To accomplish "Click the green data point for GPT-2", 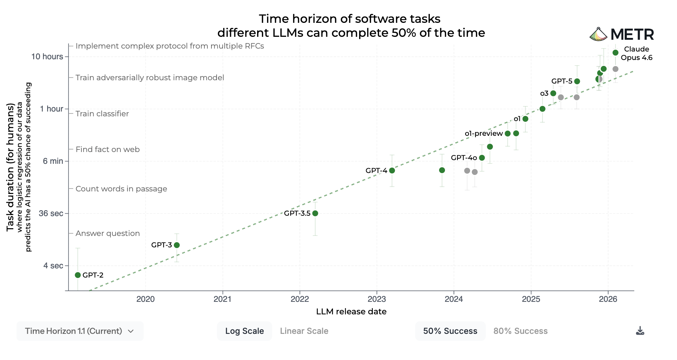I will point(78,275).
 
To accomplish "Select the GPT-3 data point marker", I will point(177,245).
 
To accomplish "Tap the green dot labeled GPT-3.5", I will point(315,213).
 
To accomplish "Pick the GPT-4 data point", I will point(392,170).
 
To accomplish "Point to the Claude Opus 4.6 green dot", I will point(615,53).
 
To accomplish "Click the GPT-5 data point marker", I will point(577,81).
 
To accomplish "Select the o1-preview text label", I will point(484,134).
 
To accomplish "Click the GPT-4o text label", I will point(464,158).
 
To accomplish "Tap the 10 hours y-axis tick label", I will point(47,57).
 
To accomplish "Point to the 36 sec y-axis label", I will point(51,213).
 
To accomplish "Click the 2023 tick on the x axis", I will point(377,299).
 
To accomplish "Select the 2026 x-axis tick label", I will point(608,299).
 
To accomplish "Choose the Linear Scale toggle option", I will point(304,331).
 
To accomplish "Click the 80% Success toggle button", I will point(520,331).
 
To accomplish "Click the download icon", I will point(640,331).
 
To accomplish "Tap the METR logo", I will point(622,35).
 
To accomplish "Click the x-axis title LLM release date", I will point(351,312).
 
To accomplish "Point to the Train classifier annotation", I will point(102,114).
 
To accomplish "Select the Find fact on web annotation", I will point(108,149).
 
